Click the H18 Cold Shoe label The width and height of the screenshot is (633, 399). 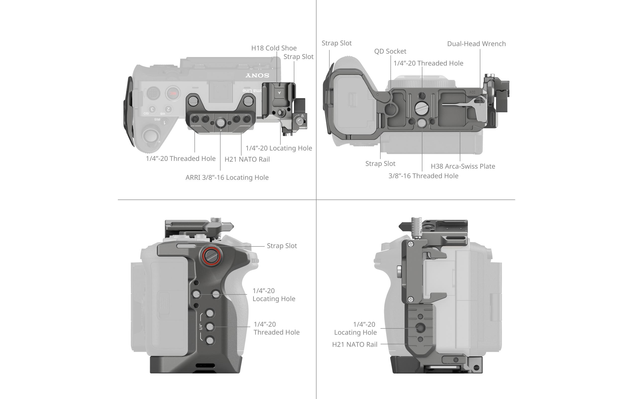pyautogui.click(x=274, y=48)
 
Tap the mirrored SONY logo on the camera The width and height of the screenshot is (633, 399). pyautogui.click(x=257, y=76)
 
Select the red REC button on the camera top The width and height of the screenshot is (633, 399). pyautogui.click(x=173, y=93)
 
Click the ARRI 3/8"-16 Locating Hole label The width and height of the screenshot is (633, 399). pyautogui.click(x=227, y=178)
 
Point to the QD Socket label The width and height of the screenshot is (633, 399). pyautogui.click(x=390, y=51)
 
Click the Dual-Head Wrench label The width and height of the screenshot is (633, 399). pyautogui.click(x=476, y=44)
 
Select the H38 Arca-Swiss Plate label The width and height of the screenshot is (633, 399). pyautogui.click(x=463, y=166)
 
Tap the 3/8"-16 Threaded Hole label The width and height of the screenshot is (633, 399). pyautogui.click(x=423, y=176)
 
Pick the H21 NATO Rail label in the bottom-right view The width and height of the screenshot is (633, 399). pyautogui.click(x=354, y=344)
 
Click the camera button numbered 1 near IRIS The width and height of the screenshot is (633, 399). pyautogui.click(x=165, y=123)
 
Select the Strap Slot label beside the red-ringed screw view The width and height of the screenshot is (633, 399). pyautogui.click(x=282, y=246)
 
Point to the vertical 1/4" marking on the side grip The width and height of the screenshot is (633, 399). pyautogui.click(x=201, y=327)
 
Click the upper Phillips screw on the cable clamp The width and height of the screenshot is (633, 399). pyautogui.click(x=411, y=244)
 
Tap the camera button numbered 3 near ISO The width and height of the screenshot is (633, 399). pyautogui.click(x=152, y=109)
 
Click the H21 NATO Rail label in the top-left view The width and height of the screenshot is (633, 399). pyautogui.click(x=247, y=159)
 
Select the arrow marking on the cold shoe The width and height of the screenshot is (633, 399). pyautogui.click(x=279, y=93)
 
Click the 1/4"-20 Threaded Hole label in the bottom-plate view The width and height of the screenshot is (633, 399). pyautogui.click(x=428, y=63)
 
